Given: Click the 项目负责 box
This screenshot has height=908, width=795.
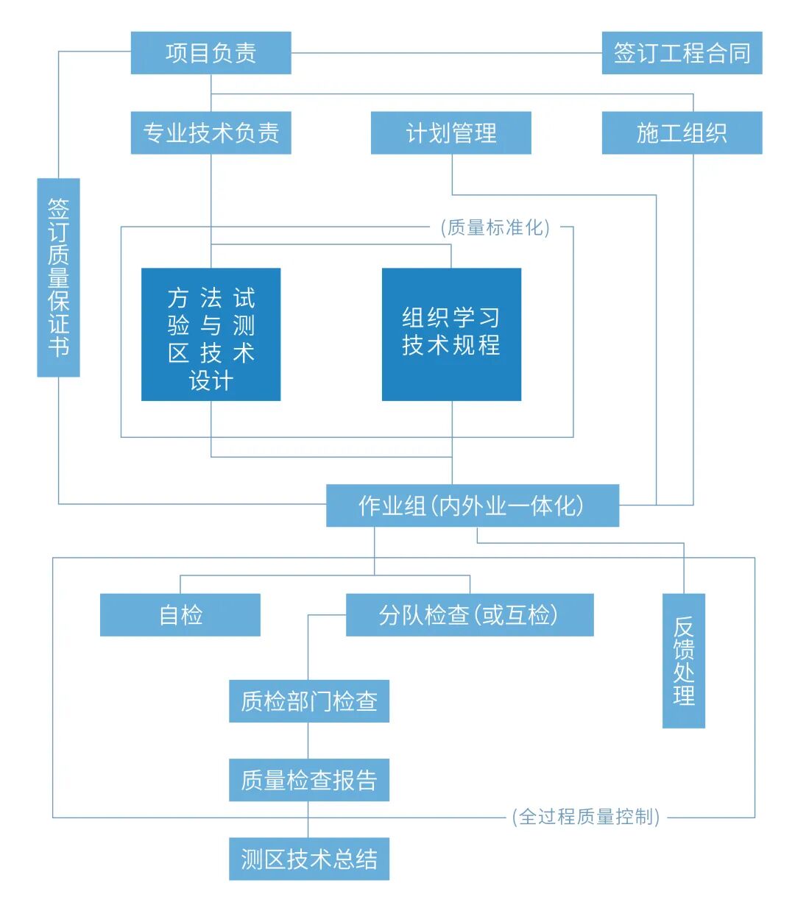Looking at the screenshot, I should coord(211,53).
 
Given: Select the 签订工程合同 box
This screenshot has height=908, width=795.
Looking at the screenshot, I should coord(682,53).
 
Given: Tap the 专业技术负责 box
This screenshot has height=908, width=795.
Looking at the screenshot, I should coord(211,133).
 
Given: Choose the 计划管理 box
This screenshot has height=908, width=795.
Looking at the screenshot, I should coord(451,133).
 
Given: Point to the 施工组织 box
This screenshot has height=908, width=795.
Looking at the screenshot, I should coord(682,133).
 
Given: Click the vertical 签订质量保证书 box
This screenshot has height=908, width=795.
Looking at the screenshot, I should coord(58,277).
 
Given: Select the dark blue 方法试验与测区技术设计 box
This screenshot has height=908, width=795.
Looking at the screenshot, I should coord(211,335).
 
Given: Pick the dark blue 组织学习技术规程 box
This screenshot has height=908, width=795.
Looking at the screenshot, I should coord(451,335).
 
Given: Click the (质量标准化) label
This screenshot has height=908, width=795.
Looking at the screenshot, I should coord(495,227).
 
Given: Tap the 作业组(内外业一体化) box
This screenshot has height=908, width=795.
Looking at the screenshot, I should coord(472,506).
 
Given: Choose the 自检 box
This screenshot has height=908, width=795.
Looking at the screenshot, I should coord(180,615).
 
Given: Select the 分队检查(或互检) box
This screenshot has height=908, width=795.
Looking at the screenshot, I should coord(470,615).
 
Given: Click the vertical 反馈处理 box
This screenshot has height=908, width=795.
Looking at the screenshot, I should coord(684,661).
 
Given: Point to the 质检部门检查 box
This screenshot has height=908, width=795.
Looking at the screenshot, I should coord(308,701).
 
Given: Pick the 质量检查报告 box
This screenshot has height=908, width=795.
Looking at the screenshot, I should coord(308,780).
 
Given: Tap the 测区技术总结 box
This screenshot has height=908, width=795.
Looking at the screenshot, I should coord(308,859).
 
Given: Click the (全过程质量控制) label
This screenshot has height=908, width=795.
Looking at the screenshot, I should coord(586,817).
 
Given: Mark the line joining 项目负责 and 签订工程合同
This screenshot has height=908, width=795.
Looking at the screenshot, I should coord(446,53).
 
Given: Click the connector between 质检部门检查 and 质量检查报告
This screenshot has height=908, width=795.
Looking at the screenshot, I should coord(308,740).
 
